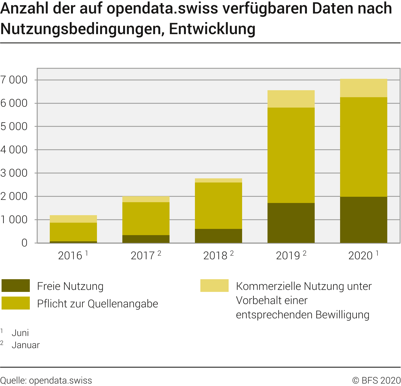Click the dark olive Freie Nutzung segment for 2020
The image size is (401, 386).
tap(363, 220)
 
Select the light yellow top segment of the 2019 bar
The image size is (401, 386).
tap(291, 99)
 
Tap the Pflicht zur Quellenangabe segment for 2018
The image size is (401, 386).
tap(218, 206)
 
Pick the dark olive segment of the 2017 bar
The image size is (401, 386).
tap(146, 239)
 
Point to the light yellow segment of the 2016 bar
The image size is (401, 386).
tap(73, 219)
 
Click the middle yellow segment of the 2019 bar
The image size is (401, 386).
tap(291, 155)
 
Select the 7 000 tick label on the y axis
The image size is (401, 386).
tap(14, 80)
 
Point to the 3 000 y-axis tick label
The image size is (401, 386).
tap(14, 173)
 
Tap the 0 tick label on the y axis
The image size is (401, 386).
tap(24, 243)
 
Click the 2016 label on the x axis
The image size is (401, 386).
tap(70, 256)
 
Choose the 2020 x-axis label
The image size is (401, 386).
tap(360, 256)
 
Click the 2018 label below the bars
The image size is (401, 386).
tap(215, 256)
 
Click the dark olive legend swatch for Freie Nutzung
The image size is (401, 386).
tap(16, 286)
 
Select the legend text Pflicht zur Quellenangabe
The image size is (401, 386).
tap(97, 304)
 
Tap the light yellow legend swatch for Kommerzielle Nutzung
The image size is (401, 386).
tap(214, 286)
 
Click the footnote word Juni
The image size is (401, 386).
tap(20, 333)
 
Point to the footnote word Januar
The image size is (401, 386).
tap(26, 345)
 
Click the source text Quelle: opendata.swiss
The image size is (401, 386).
tap(46, 380)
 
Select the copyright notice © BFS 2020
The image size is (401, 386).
tap(376, 380)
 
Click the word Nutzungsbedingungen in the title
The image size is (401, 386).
tap(82, 29)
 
